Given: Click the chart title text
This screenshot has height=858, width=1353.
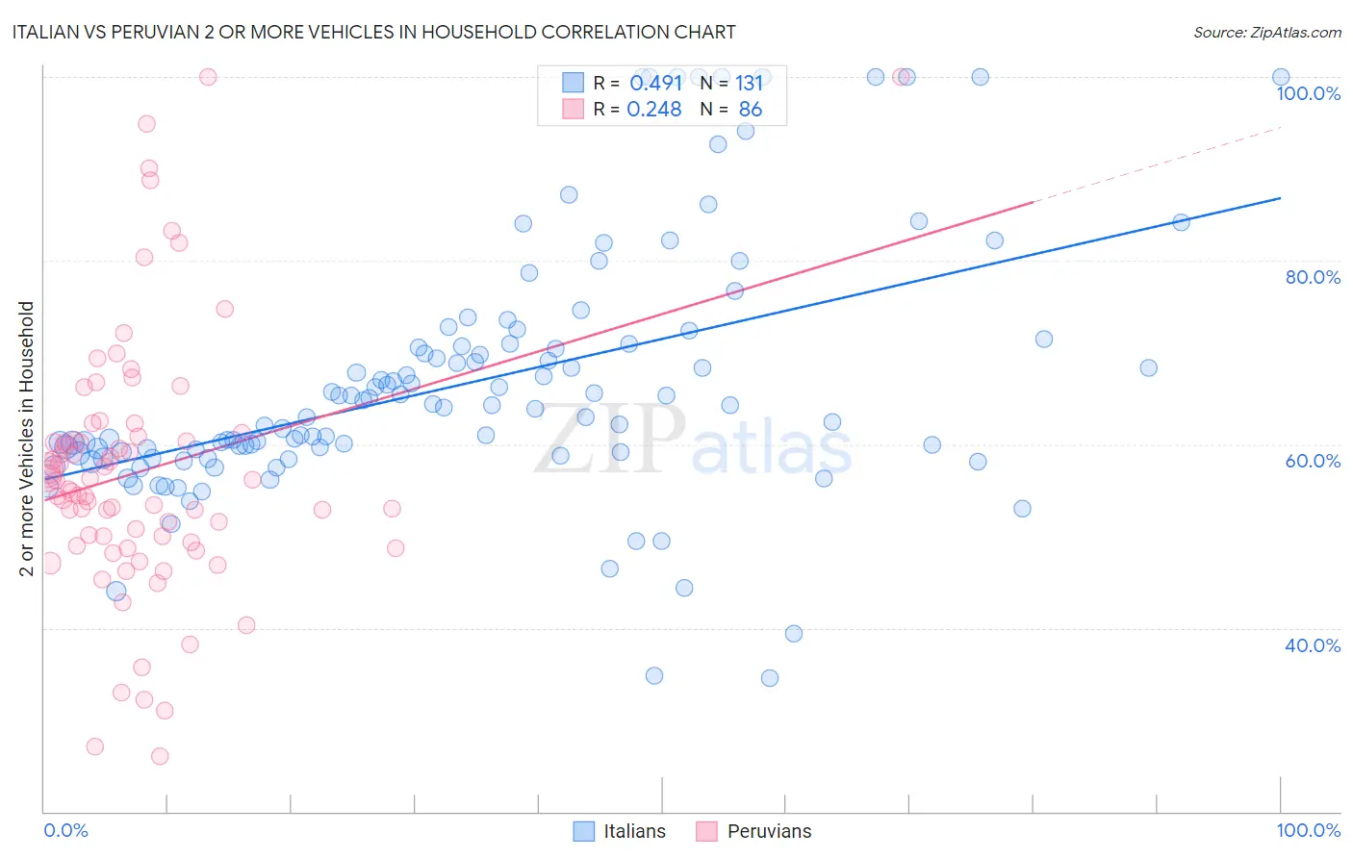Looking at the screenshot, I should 372,32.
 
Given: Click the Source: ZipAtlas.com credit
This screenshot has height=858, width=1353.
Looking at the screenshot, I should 1266,32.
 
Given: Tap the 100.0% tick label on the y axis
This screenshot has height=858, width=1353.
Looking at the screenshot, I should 1308,93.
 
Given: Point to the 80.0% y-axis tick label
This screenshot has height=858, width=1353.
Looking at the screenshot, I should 1313,277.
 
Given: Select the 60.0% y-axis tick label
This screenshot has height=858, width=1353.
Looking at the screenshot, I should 1313,461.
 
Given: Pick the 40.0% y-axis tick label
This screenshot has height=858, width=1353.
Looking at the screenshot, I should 1313,645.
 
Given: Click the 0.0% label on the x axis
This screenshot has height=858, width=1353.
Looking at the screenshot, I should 65,830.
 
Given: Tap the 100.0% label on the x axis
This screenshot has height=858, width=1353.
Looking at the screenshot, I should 1308,830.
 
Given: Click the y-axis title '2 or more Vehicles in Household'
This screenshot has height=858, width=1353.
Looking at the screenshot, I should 27,439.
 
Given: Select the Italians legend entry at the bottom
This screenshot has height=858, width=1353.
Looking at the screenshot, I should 620,831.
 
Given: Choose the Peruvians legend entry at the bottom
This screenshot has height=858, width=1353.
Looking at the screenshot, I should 754,831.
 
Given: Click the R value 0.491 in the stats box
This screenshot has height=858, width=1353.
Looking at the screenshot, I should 655,83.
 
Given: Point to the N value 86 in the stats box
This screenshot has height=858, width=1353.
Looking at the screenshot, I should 750,110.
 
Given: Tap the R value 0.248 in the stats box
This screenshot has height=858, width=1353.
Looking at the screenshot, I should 654,110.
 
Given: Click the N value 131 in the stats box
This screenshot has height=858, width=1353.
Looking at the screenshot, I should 749,83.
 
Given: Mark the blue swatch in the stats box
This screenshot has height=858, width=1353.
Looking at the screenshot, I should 574,83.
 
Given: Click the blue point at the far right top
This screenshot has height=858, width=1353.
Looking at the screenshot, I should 1281,77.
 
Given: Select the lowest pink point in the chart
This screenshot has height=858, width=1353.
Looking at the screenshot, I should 160,756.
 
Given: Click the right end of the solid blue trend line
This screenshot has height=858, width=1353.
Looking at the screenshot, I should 1280,198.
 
